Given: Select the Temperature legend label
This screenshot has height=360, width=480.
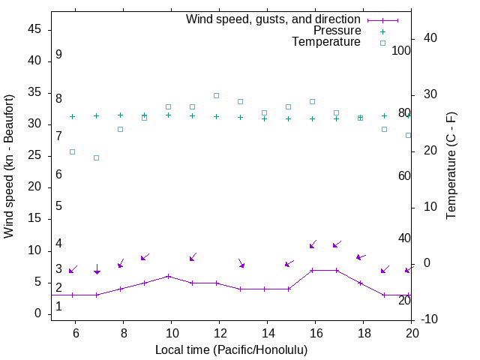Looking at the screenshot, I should pos(326,42).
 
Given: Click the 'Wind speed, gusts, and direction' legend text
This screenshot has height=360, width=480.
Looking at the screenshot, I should pos(274,19).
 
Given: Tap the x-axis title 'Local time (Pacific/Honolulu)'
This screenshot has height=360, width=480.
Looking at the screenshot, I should pos(231,349).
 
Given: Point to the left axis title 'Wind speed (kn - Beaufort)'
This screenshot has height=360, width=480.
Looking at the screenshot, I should pos(9,166).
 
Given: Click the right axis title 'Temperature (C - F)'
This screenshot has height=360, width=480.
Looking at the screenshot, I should pos(451,166).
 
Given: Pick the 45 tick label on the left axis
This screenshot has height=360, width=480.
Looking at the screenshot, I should pos(34,29).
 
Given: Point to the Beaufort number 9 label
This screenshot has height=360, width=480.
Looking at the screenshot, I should pos(58,55).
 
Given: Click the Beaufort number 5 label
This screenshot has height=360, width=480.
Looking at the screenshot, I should pos(58,206).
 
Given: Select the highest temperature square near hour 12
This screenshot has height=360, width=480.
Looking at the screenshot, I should pos(216,95).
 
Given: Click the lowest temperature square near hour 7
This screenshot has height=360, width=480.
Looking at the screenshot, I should pos(96,157).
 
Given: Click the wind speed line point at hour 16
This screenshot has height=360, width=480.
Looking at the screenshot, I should pos(312,270).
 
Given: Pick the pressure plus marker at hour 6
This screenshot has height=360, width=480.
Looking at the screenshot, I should pos(72,116).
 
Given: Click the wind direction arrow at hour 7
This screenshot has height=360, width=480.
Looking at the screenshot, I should pos(97,268).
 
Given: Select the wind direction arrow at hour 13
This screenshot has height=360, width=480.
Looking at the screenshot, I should pos(241,263).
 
